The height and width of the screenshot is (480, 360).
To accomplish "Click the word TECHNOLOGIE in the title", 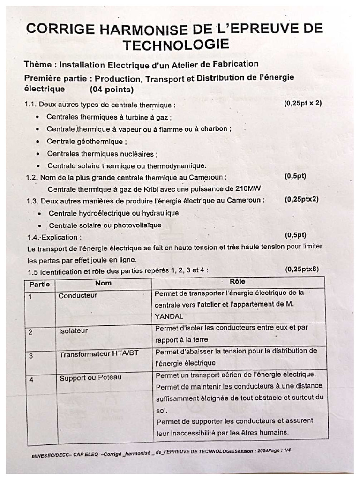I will [x=176, y=45].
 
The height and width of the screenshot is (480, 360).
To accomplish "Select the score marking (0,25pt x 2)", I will [x=303, y=103].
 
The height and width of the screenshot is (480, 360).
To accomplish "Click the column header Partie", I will [x=39, y=284].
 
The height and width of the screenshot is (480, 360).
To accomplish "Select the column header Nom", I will [x=103, y=283].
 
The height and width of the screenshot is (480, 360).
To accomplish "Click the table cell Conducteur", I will [x=78, y=295].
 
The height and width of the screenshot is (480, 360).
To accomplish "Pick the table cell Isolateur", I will [x=74, y=331].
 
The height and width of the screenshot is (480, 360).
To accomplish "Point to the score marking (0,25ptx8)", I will [x=303, y=269].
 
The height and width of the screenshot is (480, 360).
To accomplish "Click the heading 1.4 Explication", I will [x=54, y=237].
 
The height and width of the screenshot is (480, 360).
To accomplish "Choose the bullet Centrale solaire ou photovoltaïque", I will [x=105, y=225].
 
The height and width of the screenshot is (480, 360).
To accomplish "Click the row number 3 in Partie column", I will [x=31, y=356].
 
